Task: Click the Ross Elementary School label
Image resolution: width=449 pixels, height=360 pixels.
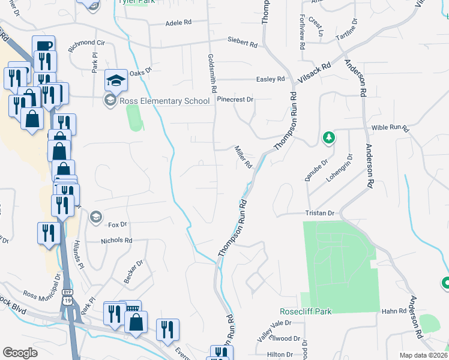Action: (x=164, y=101)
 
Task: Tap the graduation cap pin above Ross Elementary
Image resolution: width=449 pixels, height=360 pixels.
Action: (x=116, y=80)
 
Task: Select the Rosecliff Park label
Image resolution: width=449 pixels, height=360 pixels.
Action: (x=306, y=311)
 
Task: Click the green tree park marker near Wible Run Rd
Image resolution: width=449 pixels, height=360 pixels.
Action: (x=328, y=138)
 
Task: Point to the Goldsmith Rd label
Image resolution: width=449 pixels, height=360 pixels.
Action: (x=212, y=72)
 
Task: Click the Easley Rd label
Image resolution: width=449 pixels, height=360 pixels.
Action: (x=270, y=79)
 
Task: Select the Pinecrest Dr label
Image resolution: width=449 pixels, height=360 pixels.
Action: (x=235, y=99)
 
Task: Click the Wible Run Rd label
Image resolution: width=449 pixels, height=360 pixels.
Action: (x=390, y=128)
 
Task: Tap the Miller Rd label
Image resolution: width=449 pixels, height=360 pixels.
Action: (x=243, y=157)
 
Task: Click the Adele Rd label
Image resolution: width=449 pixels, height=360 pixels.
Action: (x=178, y=23)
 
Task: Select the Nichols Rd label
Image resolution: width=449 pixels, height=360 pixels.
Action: (x=116, y=240)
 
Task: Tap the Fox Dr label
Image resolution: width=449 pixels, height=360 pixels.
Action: (x=118, y=224)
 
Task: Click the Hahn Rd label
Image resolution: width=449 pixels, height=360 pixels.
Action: (x=394, y=311)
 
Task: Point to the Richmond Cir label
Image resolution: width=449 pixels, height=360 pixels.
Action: (x=86, y=43)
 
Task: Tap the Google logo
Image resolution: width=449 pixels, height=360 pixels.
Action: (x=20, y=353)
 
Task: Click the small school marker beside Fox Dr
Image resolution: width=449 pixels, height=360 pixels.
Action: (x=95, y=217)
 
